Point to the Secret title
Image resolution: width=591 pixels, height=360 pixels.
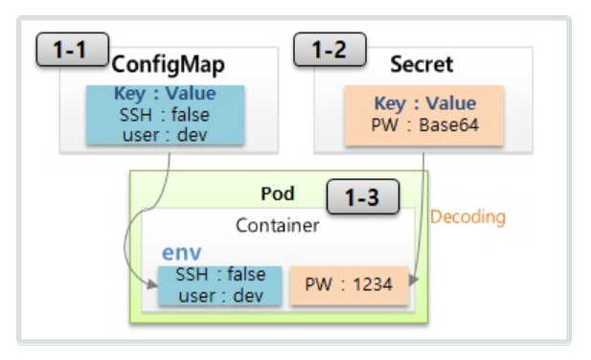421,65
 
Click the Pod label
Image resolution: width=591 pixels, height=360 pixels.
278,194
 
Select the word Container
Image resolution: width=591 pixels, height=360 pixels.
278,227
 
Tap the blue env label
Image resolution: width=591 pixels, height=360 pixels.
181,254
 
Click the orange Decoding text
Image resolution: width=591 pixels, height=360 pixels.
467,217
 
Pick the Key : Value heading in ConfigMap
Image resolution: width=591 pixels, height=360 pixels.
166,95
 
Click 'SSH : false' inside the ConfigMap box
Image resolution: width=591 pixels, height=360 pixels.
166,115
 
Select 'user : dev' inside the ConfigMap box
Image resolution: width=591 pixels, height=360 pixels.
166,134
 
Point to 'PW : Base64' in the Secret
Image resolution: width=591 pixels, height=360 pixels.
424,124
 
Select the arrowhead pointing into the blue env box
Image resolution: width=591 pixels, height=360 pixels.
153,284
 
